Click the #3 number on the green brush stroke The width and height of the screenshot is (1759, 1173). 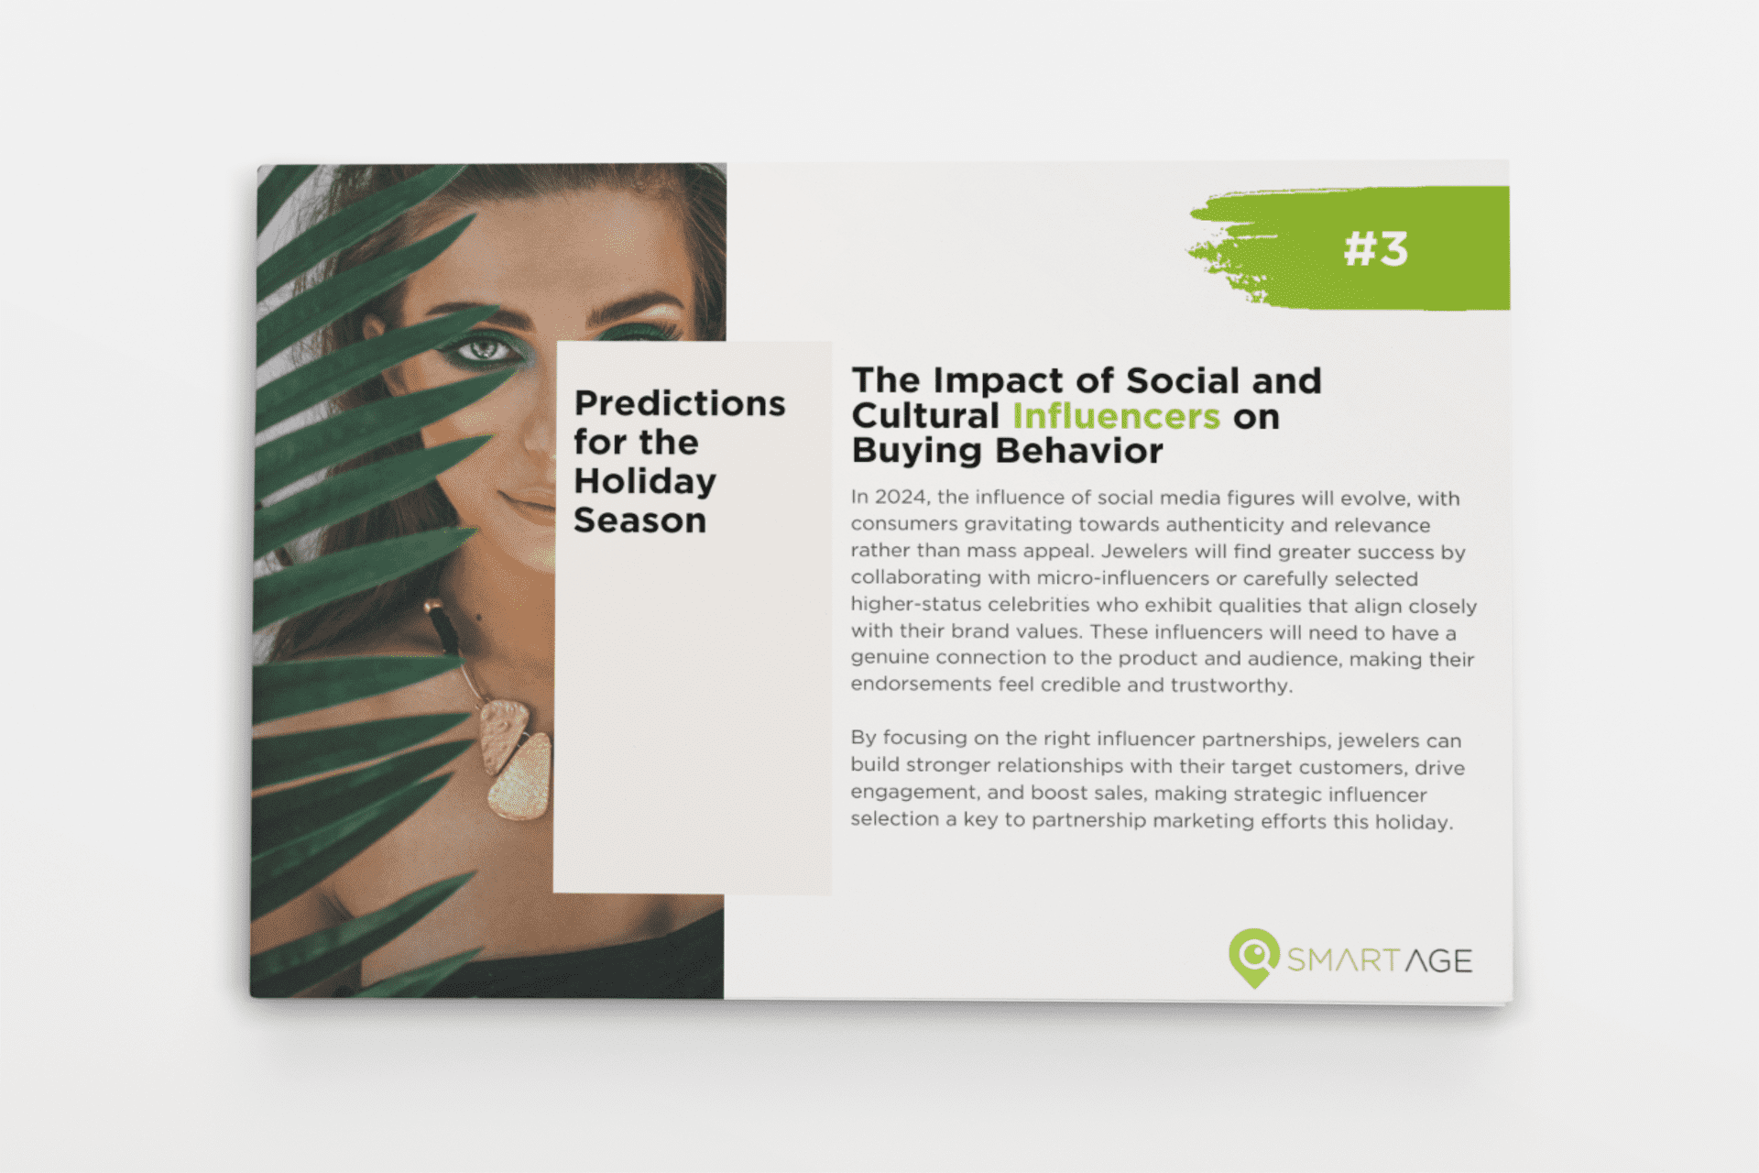[x=1375, y=248]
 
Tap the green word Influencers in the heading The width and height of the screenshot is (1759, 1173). [x=1116, y=416]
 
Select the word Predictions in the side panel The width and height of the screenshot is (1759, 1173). [x=680, y=404]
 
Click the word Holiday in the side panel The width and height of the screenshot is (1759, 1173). [x=645, y=482]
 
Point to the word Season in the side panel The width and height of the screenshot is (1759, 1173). [x=639, y=521]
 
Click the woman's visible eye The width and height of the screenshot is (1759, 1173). [x=484, y=349]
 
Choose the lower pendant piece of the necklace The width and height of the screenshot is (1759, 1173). [x=521, y=778]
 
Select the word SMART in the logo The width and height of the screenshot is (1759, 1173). [x=1341, y=960]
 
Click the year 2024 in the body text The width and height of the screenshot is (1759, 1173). [x=900, y=498]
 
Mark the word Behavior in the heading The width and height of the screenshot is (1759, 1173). [x=1079, y=451]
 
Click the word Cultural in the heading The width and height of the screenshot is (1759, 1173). [x=925, y=416]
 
